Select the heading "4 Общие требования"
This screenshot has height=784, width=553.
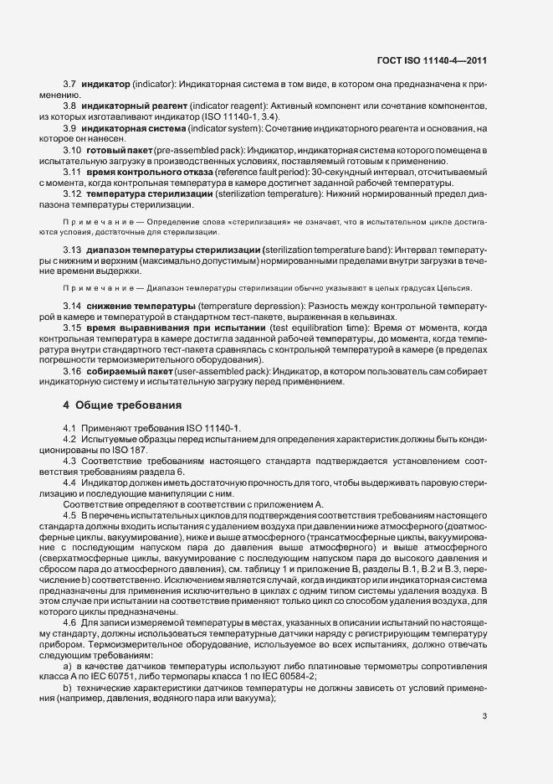click(121, 405)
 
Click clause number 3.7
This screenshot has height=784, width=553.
click(69, 86)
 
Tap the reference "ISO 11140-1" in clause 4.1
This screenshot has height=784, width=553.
click(213, 429)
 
